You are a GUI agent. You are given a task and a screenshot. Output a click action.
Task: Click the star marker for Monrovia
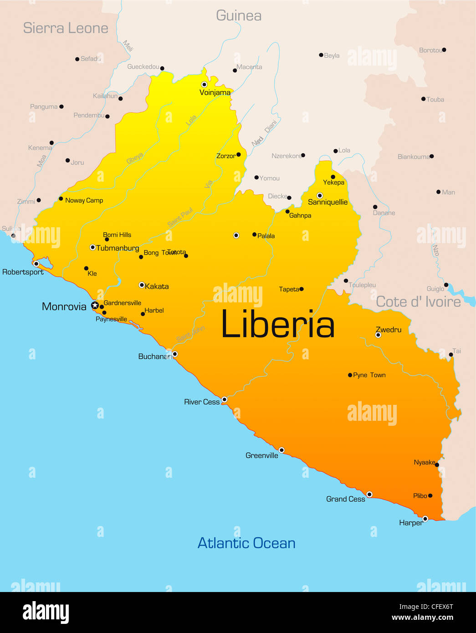pos(95,306)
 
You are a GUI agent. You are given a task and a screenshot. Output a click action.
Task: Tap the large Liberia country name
pos(277,325)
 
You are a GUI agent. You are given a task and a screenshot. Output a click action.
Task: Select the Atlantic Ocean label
pos(246,543)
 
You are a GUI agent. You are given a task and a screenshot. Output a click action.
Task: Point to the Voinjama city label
pos(215,92)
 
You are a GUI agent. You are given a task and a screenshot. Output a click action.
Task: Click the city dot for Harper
pos(425,519)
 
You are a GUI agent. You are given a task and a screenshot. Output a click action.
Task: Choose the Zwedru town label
pos(389,329)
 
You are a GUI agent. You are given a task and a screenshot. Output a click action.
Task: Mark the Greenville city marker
pos(282,450)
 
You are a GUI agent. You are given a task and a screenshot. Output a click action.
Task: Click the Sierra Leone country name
pos(66,28)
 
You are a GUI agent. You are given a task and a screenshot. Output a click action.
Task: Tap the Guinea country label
pos(239,16)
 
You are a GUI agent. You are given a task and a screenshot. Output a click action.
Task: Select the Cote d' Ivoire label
pos(418,302)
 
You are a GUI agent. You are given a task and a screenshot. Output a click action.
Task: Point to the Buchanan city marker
pos(175,354)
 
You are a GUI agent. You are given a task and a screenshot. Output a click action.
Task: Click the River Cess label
pos(202,402)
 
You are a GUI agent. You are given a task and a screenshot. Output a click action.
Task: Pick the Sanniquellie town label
pos(328,202)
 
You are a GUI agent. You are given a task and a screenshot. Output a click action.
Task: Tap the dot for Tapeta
pos(302,289)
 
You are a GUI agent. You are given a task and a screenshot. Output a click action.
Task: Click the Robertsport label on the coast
pos(23,272)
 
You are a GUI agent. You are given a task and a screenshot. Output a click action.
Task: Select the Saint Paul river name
pos(180,217)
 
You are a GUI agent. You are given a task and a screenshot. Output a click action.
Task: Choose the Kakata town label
pos(157,286)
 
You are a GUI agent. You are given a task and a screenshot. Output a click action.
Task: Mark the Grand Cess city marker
pos(369,494)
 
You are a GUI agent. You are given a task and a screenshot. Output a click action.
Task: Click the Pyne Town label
pos(369,375)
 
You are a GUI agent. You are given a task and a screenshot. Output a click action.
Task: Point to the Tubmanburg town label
pos(118,248)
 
